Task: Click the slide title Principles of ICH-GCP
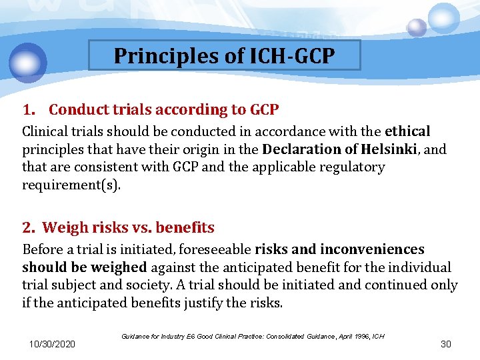point(224,55)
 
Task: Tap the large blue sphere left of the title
point(28,63)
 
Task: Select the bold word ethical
point(408,131)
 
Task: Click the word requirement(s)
point(72,185)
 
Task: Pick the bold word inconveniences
point(372,249)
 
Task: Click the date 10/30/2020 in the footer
point(52,344)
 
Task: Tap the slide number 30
point(446,344)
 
